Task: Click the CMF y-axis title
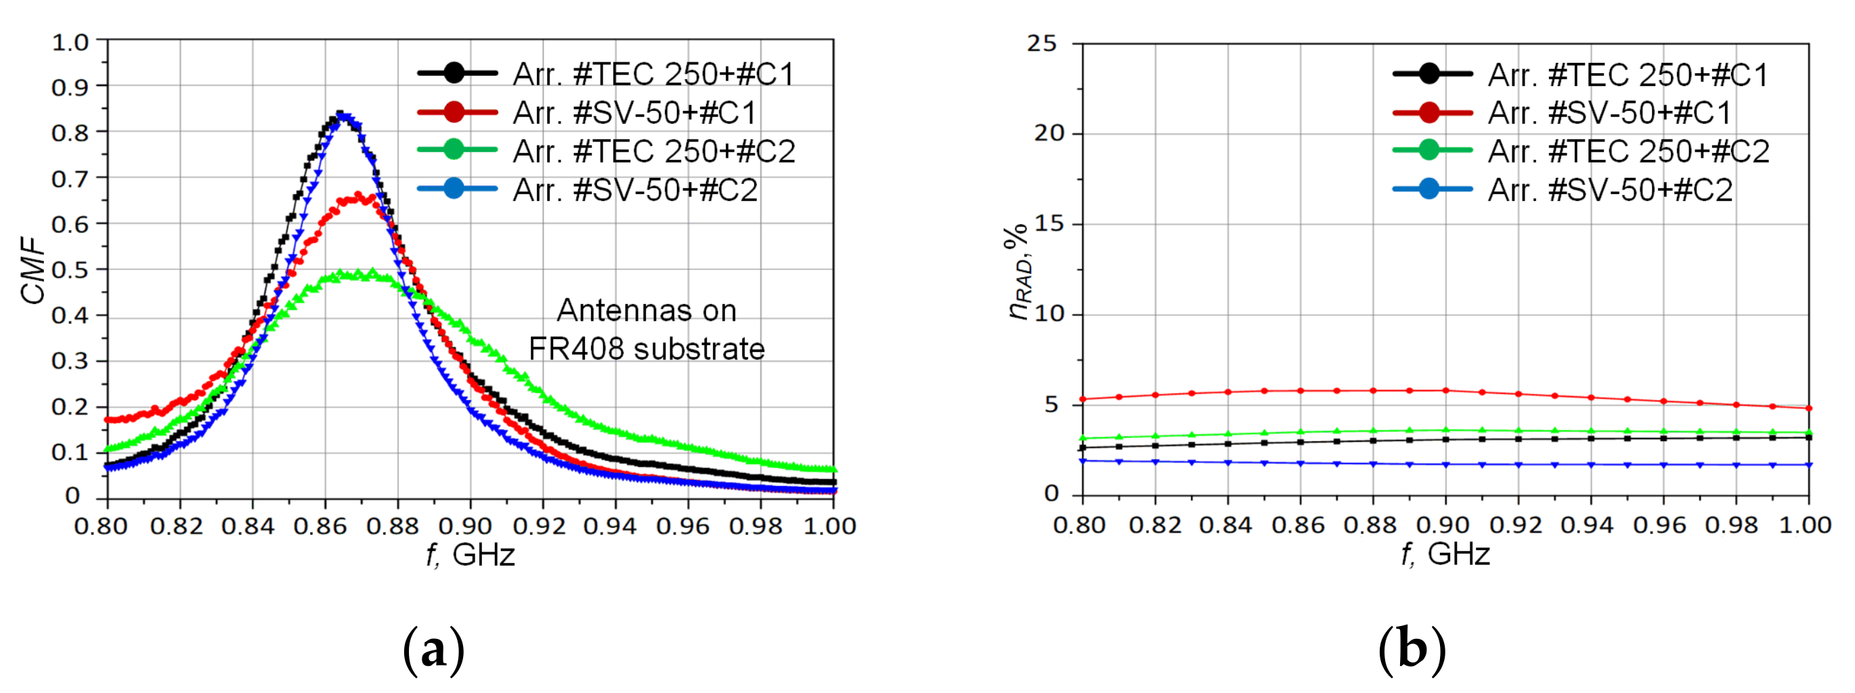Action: (32, 269)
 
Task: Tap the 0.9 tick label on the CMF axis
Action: (70, 87)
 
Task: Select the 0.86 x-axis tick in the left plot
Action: (320, 526)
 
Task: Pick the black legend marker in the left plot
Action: (454, 72)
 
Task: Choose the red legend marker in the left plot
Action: (454, 112)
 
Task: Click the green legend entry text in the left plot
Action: (654, 151)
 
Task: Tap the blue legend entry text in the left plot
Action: (635, 190)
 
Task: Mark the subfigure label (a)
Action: (433, 650)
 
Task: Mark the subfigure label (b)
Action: (1412, 650)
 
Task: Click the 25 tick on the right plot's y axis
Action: (1041, 44)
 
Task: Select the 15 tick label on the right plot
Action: (1049, 224)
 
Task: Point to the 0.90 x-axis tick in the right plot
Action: (1443, 525)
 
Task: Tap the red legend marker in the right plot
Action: (1428, 112)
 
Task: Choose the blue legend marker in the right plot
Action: (1428, 189)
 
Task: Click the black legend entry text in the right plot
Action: (1628, 74)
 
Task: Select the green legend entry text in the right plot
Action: (1628, 151)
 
